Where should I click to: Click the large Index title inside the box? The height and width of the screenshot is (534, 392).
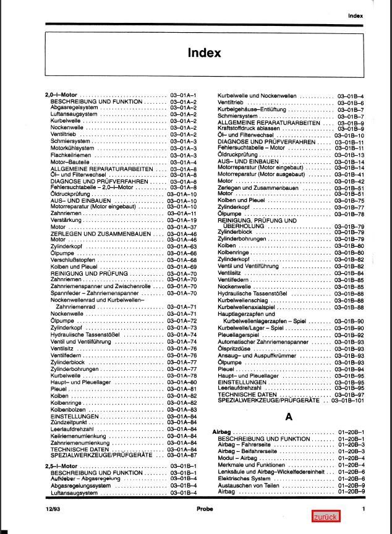[x=204, y=53]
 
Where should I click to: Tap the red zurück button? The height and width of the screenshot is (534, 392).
[x=325, y=517]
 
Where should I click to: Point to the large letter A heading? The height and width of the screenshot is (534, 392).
[x=289, y=417]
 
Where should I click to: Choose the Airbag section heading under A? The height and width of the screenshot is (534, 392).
[x=223, y=431]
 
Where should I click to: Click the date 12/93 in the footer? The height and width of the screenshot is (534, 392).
[x=52, y=508]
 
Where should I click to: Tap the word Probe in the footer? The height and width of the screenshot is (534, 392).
[x=205, y=508]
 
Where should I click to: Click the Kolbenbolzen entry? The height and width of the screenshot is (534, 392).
[x=68, y=409]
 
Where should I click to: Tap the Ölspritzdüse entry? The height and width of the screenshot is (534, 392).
[x=236, y=349]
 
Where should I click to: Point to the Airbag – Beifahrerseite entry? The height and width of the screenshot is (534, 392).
[x=247, y=452]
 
